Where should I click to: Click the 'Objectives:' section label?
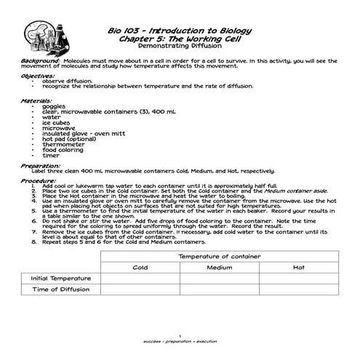point(39,76)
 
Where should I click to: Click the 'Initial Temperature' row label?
point(60,279)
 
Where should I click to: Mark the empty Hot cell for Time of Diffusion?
point(298,292)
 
